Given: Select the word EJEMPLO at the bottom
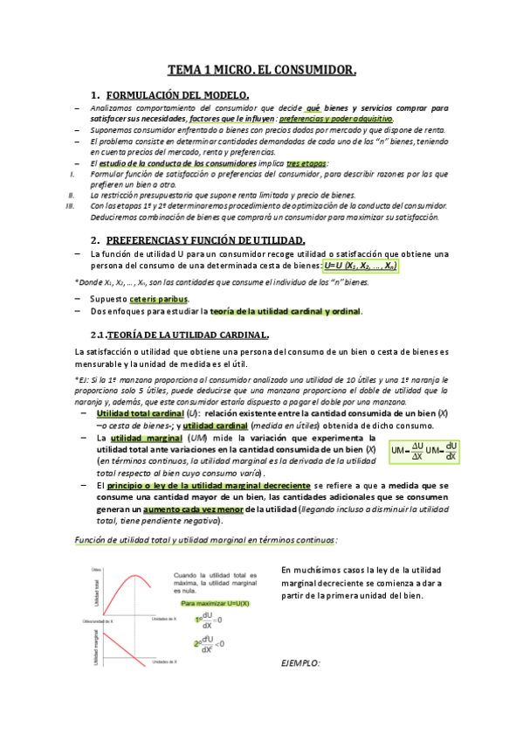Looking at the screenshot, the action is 301,663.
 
